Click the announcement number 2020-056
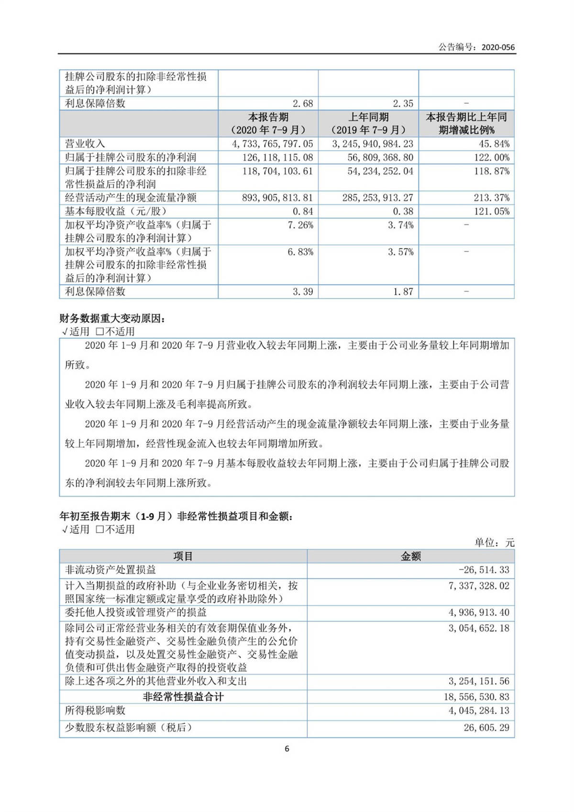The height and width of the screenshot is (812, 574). pos(498,47)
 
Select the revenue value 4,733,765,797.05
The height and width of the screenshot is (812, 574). pos(272,144)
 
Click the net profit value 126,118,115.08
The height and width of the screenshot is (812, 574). pos(277,157)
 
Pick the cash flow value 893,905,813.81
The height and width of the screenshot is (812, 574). pos(277,198)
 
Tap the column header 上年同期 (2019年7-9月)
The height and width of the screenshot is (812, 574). pos(368,123)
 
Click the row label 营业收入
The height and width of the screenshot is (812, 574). pos(85,144)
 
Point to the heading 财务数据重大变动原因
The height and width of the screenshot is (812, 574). pos(111,319)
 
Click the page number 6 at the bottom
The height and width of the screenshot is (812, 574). pos(287,749)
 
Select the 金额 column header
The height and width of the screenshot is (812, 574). pos(410,556)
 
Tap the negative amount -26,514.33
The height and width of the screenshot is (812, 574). pos(484,570)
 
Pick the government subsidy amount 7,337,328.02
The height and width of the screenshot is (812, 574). pos(479,586)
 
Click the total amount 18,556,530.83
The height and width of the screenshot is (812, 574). pos(476,697)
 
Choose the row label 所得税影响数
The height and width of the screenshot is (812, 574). pos(95,711)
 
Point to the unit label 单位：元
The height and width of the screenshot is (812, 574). pos(494,543)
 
